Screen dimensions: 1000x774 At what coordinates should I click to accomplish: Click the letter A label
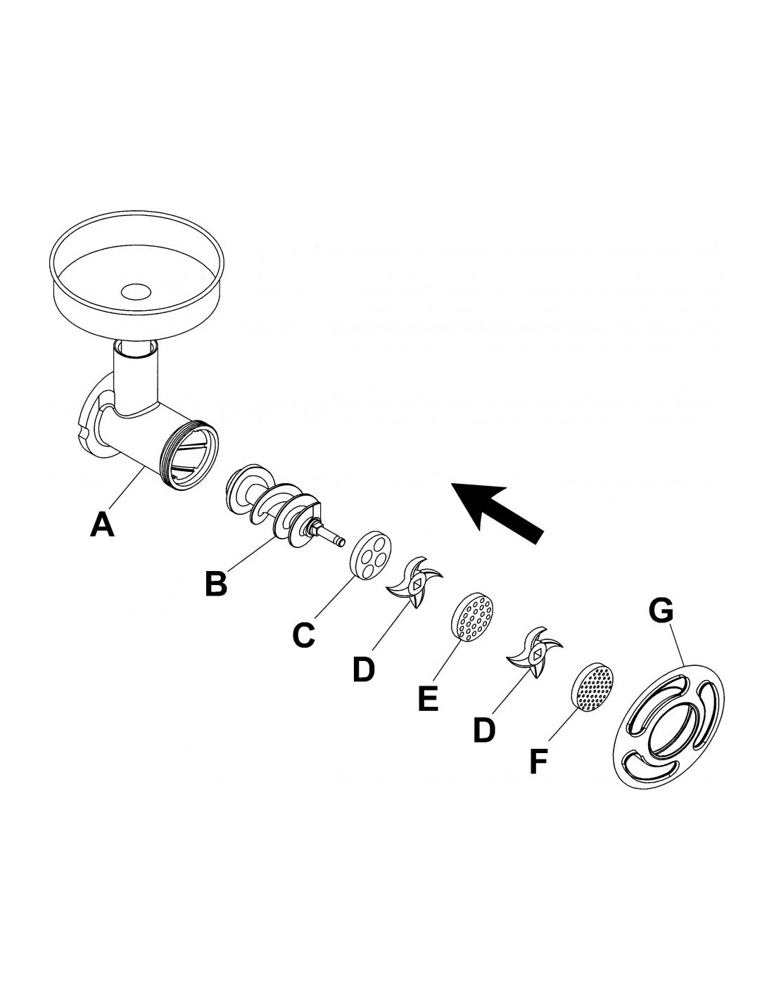coord(102,524)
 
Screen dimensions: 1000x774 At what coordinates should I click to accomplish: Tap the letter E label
coord(428,698)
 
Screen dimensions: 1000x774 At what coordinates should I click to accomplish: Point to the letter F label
coord(538,762)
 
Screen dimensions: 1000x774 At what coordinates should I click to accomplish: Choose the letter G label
coord(660,610)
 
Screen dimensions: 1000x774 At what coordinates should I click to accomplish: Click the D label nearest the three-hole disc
coord(364,669)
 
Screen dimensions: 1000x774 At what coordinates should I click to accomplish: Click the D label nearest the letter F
coord(484,730)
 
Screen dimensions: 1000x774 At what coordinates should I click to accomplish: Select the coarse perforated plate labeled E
coord(472,617)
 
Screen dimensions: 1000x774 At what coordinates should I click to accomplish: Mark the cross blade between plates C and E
coord(416,584)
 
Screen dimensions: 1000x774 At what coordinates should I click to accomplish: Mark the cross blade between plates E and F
coord(536,652)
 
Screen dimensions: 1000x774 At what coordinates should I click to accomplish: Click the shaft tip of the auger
coord(339,541)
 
